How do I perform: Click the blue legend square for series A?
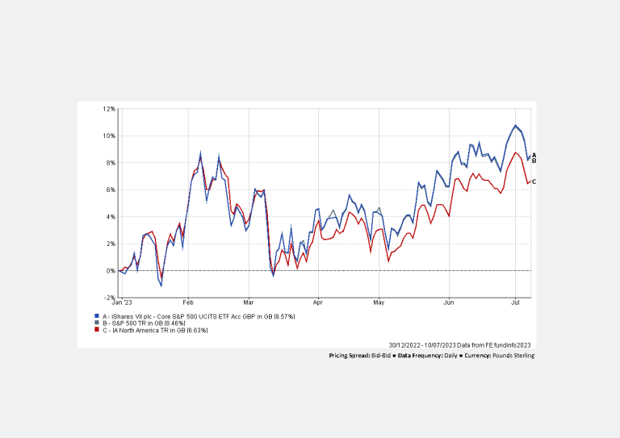coord(97,316)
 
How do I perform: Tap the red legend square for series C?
coord(97,329)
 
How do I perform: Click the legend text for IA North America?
coord(154,329)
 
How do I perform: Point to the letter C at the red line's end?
coord(534,181)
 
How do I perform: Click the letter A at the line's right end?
coord(534,155)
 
